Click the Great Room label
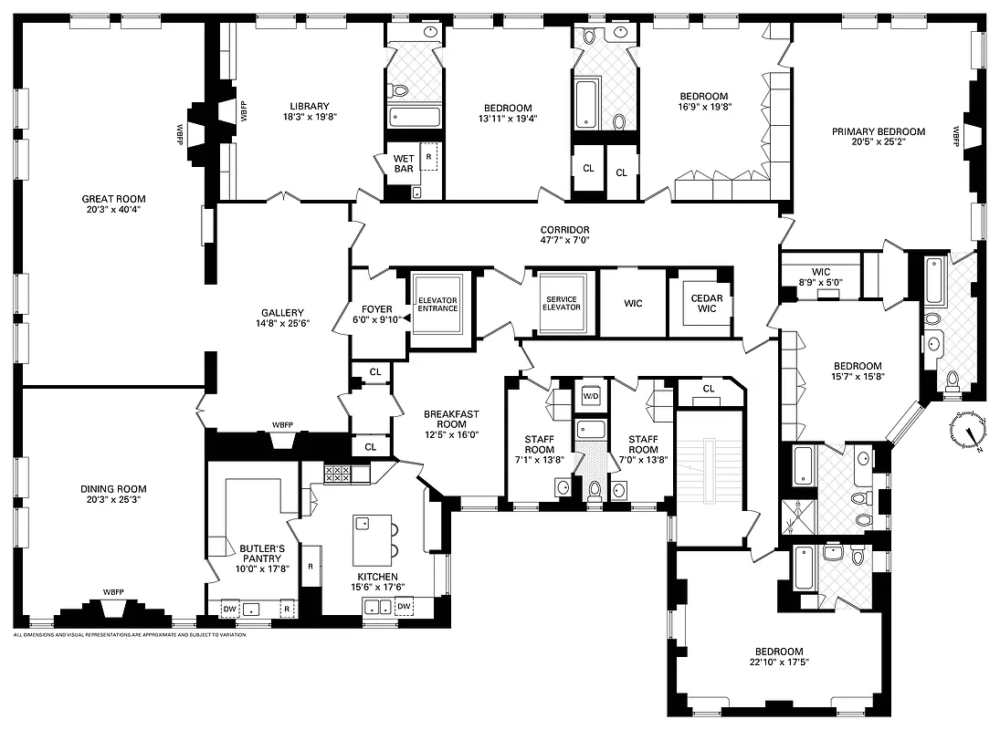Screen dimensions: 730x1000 (x=113, y=199)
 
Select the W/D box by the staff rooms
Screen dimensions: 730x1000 (x=591, y=396)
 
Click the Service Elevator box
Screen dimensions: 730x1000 (x=563, y=302)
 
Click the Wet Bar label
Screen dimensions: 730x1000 (x=404, y=163)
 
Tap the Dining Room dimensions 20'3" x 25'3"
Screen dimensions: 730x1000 (x=113, y=500)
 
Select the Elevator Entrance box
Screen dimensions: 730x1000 (x=437, y=304)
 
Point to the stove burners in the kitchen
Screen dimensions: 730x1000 (x=338, y=474)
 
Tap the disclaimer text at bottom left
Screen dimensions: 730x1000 (x=130, y=634)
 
